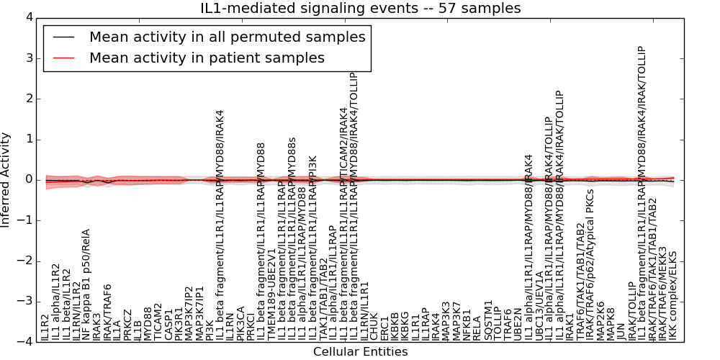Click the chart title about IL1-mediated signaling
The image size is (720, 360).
click(x=360, y=8)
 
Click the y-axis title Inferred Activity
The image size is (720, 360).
click(x=6, y=179)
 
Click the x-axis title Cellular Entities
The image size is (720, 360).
click(x=360, y=352)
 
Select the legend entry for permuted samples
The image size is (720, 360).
click(x=227, y=37)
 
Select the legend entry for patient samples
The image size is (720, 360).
click(x=207, y=58)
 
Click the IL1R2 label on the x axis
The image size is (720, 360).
click(x=45, y=327)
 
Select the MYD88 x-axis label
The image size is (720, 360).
click(x=148, y=323)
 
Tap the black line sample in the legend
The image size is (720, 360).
click(x=63, y=37)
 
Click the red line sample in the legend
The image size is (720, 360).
click(x=63, y=58)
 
